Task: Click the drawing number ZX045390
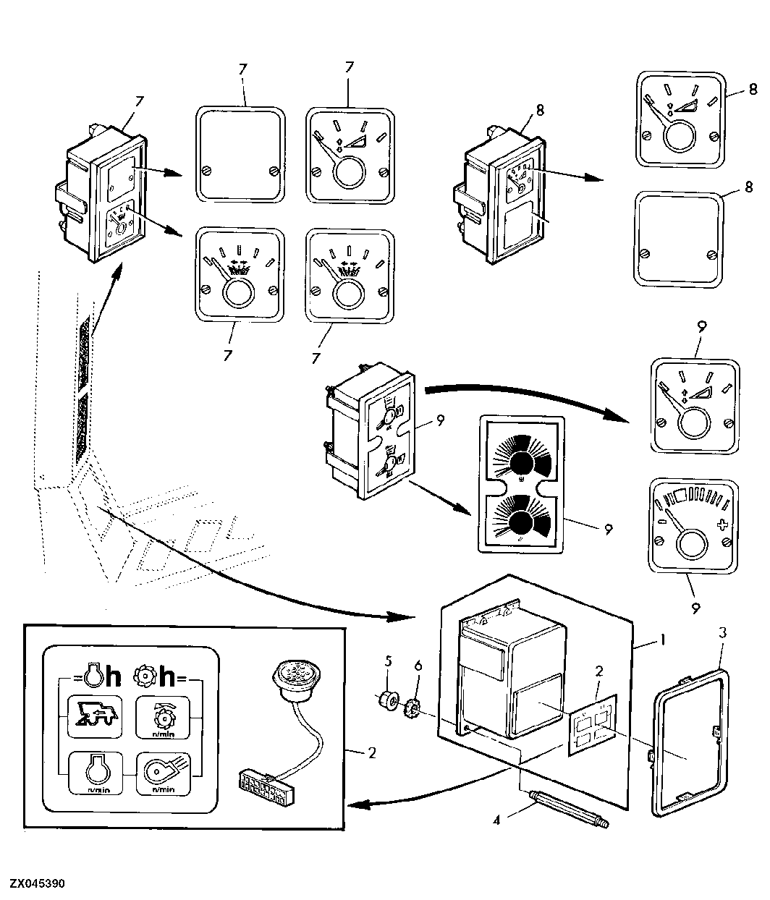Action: click(x=37, y=883)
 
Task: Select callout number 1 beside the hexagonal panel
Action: click(x=662, y=640)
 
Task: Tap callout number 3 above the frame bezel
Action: click(x=722, y=632)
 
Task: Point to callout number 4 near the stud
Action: click(x=496, y=820)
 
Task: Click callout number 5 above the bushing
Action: click(x=388, y=661)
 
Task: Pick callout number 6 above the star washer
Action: click(x=418, y=666)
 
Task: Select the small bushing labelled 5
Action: click(x=386, y=700)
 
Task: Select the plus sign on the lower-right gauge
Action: click(x=722, y=525)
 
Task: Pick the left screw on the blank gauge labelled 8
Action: click(x=646, y=253)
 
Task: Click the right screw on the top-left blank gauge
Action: click(x=274, y=171)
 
